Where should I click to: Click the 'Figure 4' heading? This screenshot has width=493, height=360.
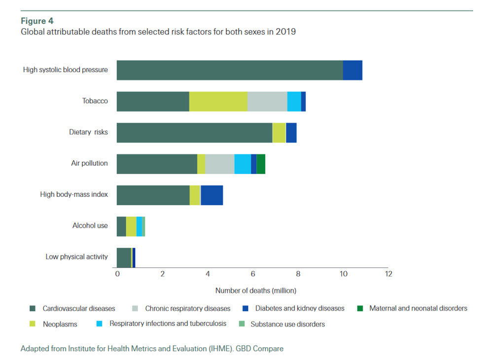pyautogui.click(x=37, y=21)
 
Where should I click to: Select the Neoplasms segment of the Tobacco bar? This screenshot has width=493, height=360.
pyautogui.click(x=218, y=102)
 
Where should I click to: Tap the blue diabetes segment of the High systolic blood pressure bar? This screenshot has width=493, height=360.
pyautogui.click(x=352, y=70)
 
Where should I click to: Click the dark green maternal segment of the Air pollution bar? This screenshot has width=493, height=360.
pyautogui.click(x=261, y=164)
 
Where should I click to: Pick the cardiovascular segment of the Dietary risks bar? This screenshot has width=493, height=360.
pyautogui.click(x=194, y=133)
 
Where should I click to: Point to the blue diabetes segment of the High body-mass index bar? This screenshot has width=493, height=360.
pyautogui.click(x=211, y=195)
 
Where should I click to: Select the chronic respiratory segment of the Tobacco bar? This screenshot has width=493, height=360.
pyautogui.click(x=267, y=102)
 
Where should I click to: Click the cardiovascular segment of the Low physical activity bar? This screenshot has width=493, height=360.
pyautogui.click(x=124, y=257)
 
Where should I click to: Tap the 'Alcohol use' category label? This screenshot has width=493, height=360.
pyautogui.click(x=90, y=226)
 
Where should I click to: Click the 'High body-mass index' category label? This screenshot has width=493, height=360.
pyautogui.click(x=74, y=194)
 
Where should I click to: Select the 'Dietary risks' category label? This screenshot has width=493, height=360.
pyautogui.click(x=88, y=132)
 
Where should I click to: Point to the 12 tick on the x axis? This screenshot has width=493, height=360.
pyautogui.click(x=388, y=274)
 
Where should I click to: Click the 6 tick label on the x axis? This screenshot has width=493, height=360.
pyautogui.click(x=252, y=274)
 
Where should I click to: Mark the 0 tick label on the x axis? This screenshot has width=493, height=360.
pyautogui.click(x=117, y=274)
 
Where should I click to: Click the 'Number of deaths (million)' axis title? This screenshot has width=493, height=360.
pyautogui.click(x=256, y=290)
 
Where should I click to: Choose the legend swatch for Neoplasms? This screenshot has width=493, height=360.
pyautogui.click(x=33, y=324)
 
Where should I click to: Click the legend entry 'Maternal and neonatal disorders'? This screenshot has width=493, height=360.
pyautogui.click(x=418, y=309)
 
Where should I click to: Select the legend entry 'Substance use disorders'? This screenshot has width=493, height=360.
pyautogui.click(x=287, y=324)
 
